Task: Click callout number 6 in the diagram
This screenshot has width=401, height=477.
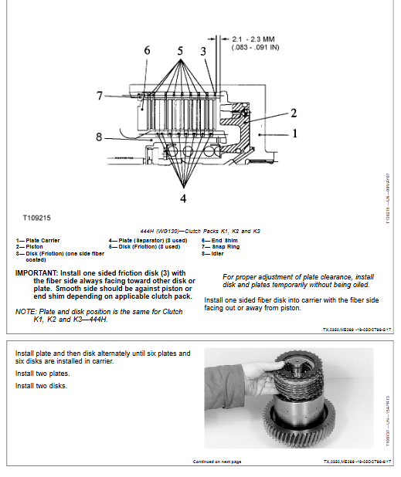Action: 147,51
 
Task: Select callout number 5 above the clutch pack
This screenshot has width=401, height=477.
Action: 179,51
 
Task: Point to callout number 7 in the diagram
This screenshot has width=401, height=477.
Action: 100,96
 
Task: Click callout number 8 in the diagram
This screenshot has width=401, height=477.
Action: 100,137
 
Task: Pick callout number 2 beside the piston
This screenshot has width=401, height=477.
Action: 293,113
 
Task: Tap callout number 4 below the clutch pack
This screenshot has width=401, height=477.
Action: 182,198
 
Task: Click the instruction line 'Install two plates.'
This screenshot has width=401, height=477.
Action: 41,374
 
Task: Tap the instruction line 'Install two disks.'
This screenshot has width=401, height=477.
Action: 41,386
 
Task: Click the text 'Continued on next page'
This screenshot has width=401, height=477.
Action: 217,462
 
